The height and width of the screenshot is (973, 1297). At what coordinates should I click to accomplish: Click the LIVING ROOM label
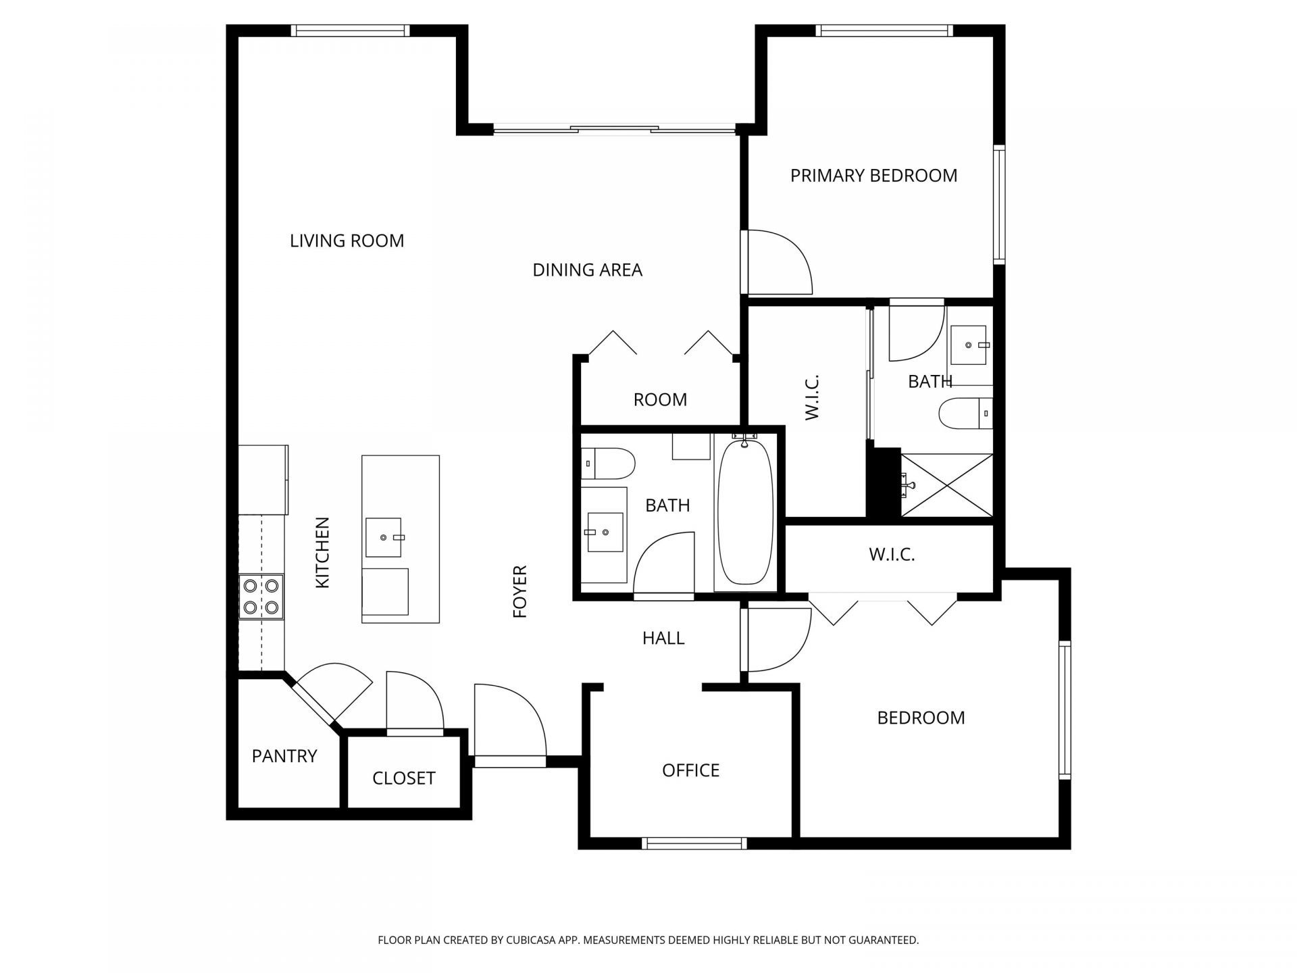click(347, 241)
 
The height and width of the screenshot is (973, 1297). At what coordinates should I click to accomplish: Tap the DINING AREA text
click(587, 270)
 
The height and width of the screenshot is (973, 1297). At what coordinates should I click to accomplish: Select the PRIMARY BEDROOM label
click(873, 176)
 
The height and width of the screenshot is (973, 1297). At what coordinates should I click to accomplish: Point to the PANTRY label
click(284, 755)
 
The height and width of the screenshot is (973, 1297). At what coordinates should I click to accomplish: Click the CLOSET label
click(403, 778)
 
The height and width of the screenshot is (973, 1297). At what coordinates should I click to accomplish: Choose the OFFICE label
click(690, 770)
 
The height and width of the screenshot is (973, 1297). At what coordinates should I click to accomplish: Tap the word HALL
click(663, 638)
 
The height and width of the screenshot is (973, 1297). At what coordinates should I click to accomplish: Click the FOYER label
click(519, 592)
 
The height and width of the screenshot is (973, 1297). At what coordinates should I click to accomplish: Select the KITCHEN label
click(323, 553)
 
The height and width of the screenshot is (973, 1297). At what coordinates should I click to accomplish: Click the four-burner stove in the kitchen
click(261, 597)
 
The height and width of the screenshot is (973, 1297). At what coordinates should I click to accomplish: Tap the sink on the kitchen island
click(384, 538)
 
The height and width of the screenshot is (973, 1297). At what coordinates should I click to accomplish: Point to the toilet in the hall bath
click(608, 464)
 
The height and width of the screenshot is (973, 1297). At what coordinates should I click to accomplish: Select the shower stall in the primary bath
click(947, 485)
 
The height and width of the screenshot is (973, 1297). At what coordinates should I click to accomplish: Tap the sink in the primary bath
click(969, 345)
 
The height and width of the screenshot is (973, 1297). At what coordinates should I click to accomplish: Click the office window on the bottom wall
click(694, 843)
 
